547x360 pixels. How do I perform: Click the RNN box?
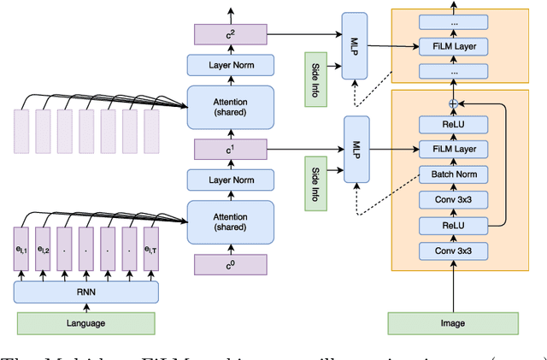[x=85, y=291]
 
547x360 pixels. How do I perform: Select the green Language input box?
[x=85, y=323]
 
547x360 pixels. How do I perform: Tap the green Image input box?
[x=453, y=323]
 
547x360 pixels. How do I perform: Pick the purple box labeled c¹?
[x=230, y=150]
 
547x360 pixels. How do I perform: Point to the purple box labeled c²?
[x=230, y=34]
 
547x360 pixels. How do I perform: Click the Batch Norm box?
[x=453, y=174]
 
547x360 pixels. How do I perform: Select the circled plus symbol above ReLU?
[x=453, y=103]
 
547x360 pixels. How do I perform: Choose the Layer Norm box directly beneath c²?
[x=230, y=65]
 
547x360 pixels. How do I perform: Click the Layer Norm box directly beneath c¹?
[x=230, y=180]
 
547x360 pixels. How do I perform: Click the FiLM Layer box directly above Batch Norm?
[x=453, y=150]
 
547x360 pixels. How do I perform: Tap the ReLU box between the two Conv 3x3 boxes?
[x=453, y=225]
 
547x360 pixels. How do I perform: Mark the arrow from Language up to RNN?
[x=85, y=308]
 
